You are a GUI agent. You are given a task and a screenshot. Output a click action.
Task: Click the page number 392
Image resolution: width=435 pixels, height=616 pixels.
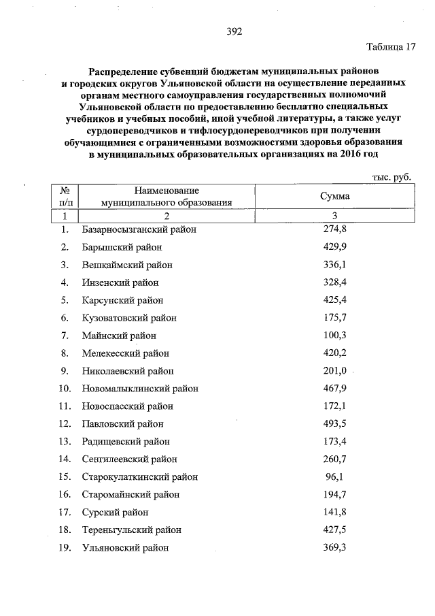click(234, 31)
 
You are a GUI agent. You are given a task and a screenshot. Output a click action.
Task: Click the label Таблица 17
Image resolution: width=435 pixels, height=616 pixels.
click(390, 48)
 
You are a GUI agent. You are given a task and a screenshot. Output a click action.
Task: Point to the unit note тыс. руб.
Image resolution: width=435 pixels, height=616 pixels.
click(391, 176)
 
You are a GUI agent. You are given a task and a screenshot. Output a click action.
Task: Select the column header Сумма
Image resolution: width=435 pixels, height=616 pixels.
click(335, 196)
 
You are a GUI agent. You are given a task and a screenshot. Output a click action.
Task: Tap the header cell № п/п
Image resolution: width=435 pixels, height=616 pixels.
click(66, 196)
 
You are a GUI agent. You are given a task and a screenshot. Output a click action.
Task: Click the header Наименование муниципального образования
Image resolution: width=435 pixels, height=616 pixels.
click(167, 196)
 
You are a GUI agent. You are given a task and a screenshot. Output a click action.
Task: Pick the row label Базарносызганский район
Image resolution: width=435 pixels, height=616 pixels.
click(139, 229)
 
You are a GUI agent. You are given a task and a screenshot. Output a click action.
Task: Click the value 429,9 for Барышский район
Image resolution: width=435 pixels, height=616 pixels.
click(335, 247)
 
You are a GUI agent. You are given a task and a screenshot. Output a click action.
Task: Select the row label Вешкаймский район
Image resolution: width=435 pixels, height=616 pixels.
click(127, 265)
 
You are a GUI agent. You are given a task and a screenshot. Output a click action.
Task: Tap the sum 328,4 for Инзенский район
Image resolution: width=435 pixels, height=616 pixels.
click(335, 282)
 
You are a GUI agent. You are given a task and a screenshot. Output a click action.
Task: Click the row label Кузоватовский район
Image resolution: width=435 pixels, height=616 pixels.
click(128, 318)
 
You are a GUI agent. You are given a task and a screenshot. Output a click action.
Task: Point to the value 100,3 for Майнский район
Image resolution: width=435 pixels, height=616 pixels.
click(335, 336)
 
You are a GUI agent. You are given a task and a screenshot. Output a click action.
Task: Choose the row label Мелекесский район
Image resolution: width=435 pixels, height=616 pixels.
click(125, 353)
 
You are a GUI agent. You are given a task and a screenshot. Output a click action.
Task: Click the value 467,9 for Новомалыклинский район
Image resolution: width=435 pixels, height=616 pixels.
click(335, 389)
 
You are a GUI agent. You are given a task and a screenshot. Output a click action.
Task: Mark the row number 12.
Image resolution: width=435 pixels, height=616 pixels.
click(65, 424)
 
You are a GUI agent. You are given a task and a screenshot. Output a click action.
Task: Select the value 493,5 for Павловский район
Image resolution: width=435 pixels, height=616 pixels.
click(335, 424)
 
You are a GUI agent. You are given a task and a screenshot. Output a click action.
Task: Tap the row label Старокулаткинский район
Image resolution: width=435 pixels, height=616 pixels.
click(140, 477)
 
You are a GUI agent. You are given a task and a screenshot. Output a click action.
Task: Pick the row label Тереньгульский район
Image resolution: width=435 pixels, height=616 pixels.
click(131, 530)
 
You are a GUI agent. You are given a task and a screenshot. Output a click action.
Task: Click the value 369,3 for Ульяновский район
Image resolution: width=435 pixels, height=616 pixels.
click(335, 547)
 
